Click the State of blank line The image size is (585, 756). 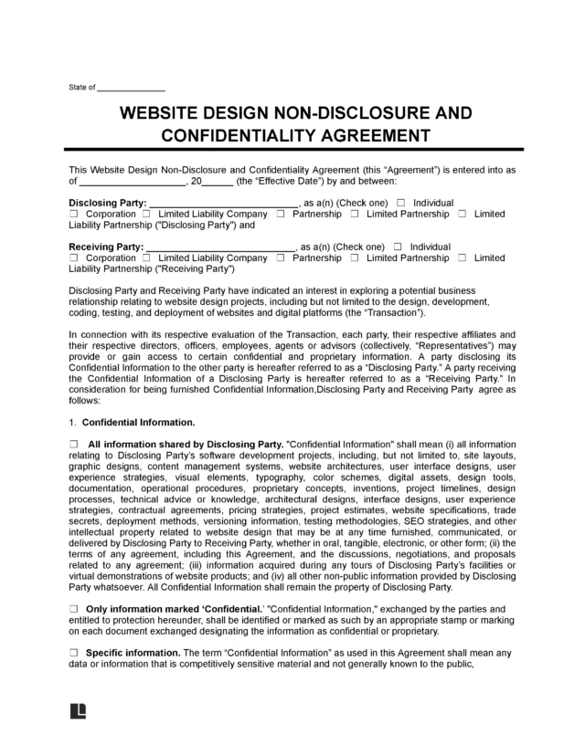click(131, 89)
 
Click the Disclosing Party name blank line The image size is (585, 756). click(223, 203)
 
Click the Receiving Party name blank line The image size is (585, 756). click(220, 247)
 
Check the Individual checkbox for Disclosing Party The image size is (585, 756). click(399, 203)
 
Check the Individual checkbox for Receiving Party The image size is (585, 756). click(397, 247)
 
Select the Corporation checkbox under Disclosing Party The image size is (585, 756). click(73, 214)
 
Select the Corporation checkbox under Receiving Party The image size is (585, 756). click(73, 258)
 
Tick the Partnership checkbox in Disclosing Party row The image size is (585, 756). click(281, 214)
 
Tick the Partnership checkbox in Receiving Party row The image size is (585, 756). click(281, 258)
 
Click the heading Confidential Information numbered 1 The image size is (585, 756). click(138, 423)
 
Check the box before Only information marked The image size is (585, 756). click(73, 608)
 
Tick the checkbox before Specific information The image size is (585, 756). click(73, 654)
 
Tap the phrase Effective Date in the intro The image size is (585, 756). click(276, 181)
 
